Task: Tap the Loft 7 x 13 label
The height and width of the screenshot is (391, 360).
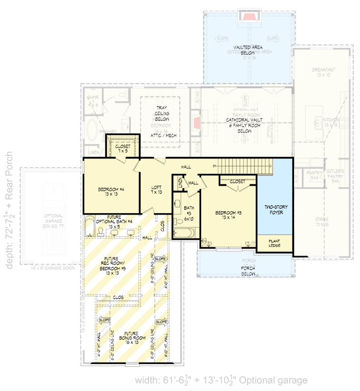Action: coord(156,190)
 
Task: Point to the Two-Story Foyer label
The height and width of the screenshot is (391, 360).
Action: coord(275,210)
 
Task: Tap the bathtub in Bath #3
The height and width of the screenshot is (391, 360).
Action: coord(183,233)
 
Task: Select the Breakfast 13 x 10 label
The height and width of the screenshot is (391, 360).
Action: coord(323,72)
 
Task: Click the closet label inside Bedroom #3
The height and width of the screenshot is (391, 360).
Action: coord(237,181)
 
